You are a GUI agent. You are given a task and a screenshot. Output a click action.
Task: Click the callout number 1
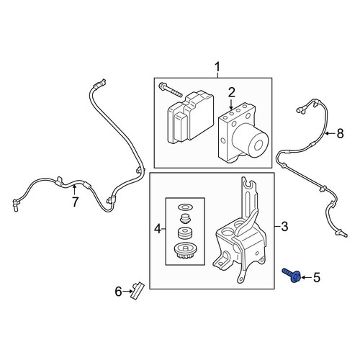(217, 67)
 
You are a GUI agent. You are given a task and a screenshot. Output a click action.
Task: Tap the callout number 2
(231, 93)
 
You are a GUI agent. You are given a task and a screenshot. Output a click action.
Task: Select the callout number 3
(284, 226)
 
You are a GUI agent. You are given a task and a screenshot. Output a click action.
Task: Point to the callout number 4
(158, 229)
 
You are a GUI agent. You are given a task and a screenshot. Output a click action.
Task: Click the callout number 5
(317, 278)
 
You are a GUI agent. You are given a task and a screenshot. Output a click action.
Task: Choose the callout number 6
(119, 292)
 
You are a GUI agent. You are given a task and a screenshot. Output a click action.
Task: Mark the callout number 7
(75, 202)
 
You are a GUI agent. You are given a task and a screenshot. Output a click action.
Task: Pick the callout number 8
(341, 133)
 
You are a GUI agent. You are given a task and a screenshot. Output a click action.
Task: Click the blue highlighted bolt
(292, 276)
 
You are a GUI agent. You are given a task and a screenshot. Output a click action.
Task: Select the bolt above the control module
(171, 89)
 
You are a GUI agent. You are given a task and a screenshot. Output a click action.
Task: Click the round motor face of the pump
(258, 145)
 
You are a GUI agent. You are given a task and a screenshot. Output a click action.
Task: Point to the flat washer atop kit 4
(185, 207)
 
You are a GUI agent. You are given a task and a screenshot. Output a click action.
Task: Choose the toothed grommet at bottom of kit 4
(185, 252)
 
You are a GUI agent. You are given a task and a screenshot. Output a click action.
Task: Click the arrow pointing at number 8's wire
(330, 133)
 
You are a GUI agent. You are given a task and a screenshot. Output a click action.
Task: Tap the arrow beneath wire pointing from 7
(74, 189)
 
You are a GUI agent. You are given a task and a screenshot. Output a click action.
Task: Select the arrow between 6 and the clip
(127, 292)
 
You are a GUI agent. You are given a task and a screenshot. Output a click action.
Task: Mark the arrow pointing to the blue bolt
(307, 278)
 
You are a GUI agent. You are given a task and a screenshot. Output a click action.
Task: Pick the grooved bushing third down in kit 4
(185, 233)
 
